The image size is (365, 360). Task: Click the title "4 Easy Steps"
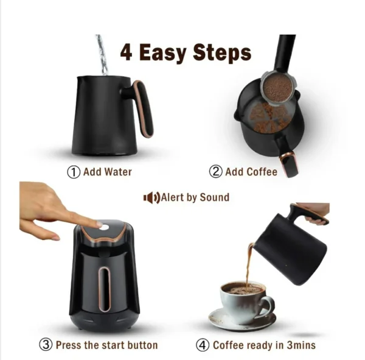tap(186, 52)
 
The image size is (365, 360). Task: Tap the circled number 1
tap(74, 172)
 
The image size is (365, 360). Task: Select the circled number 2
tap(215, 172)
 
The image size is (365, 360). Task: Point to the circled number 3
tap(46, 345)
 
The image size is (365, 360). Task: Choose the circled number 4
tap(203, 345)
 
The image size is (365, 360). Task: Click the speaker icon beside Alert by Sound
tap(151, 198)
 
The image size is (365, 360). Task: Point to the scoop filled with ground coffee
tap(277, 88)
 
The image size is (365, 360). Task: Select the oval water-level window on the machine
tap(104, 289)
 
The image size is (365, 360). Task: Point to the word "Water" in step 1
tap(118, 172)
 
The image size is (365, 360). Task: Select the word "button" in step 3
tap(143, 345)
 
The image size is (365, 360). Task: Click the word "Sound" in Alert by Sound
tap(214, 197)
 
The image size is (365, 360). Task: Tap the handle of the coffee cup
tap(268, 305)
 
